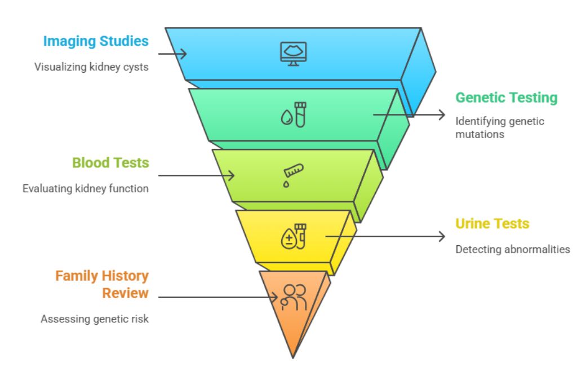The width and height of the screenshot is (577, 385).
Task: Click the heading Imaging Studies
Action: [x=96, y=41]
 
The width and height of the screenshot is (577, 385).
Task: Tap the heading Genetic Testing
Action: [x=506, y=98]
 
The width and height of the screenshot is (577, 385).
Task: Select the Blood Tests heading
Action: [x=110, y=163]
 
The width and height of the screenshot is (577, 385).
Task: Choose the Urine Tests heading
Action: [x=492, y=224]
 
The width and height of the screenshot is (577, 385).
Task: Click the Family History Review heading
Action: [x=102, y=284]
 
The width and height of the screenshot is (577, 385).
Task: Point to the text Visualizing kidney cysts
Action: [x=91, y=67]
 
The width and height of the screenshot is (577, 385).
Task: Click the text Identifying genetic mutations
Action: [x=499, y=127]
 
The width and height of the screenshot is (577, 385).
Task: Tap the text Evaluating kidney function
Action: [x=86, y=188]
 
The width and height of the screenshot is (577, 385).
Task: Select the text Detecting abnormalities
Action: [x=512, y=249]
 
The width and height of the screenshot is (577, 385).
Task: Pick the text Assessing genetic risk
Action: [x=95, y=319]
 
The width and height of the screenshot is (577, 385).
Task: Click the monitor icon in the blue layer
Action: [x=294, y=54]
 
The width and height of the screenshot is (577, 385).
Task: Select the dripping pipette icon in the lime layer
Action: [x=293, y=175]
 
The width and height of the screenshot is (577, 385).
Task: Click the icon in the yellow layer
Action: [x=294, y=236]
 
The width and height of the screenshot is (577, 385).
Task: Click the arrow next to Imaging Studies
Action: [x=172, y=54]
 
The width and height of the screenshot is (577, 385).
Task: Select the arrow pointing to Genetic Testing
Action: [x=409, y=114]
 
